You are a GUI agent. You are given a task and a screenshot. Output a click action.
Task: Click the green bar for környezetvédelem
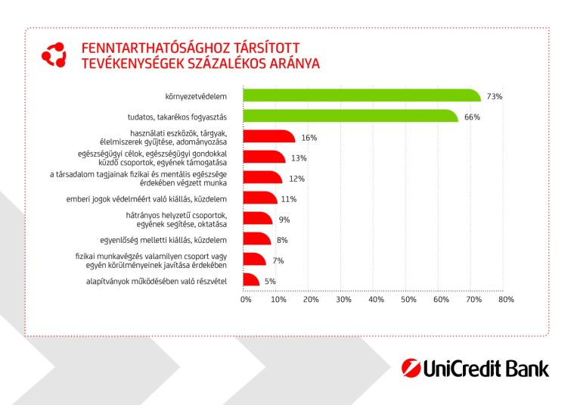pyautogui.click(x=361, y=96)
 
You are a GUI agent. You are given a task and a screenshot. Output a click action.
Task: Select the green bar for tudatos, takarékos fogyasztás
pyautogui.click(x=350, y=117)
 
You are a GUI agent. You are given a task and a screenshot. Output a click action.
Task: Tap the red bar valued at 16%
pyautogui.click(x=268, y=137)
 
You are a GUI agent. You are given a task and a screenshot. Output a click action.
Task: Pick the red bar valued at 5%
pyautogui.click(x=251, y=281)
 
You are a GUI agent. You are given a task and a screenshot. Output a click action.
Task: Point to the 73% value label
pyautogui.click(x=495, y=97)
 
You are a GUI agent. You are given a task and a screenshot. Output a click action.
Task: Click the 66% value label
pyautogui.click(x=472, y=117)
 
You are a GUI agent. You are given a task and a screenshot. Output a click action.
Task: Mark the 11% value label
pyautogui.click(x=288, y=199)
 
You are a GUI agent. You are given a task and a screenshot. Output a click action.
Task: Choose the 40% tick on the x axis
pyautogui.click(x=376, y=300)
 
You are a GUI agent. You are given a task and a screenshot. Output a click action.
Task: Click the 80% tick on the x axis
pyautogui.click(x=506, y=300)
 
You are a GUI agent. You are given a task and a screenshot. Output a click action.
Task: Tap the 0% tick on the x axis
pyautogui.click(x=245, y=300)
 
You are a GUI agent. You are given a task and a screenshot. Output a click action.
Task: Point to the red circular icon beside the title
pyautogui.click(x=54, y=55)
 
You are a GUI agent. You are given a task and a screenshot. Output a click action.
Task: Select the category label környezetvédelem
pyautogui.click(x=200, y=97)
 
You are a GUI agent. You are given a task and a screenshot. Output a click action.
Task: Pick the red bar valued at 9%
pyautogui.click(x=258, y=220)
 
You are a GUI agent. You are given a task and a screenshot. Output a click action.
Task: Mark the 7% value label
pyautogui.click(x=278, y=260)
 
